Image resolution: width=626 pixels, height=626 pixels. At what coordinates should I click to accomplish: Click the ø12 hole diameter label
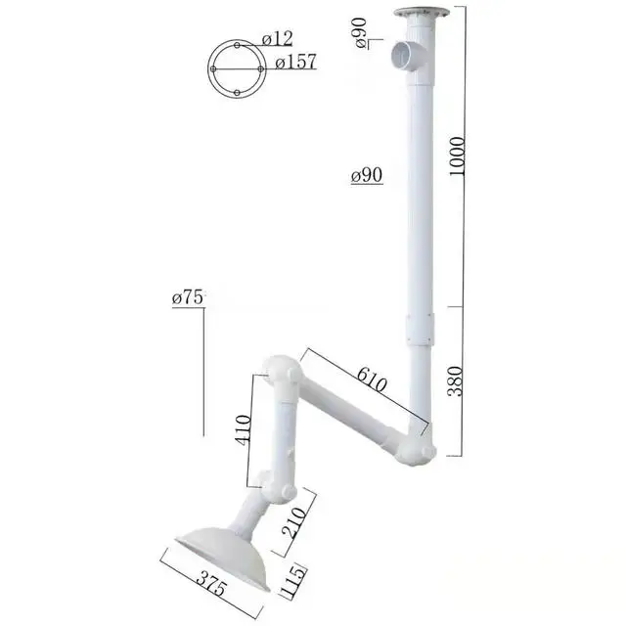[x=278, y=39]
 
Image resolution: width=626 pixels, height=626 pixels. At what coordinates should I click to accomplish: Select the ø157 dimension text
[x=294, y=63]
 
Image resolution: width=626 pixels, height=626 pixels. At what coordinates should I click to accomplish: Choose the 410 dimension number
[x=243, y=427]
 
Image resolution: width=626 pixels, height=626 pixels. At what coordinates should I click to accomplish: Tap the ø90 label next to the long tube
[x=366, y=176]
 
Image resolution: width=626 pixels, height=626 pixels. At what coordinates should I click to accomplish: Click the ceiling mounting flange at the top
[x=421, y=15]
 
